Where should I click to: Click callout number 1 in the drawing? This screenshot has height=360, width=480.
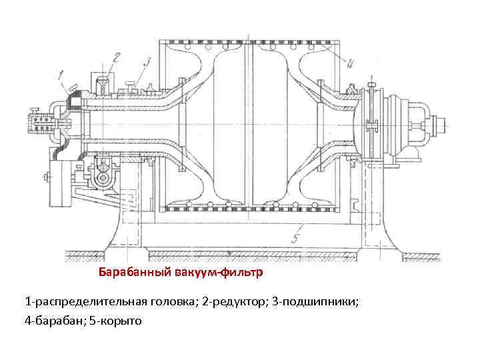(61, 75)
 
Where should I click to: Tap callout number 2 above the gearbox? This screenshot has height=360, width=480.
(117, 57)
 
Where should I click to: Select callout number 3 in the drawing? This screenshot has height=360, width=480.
(147, 62)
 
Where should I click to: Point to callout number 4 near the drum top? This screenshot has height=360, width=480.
(349, 64)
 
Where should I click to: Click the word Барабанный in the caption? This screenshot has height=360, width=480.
(136, 273)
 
